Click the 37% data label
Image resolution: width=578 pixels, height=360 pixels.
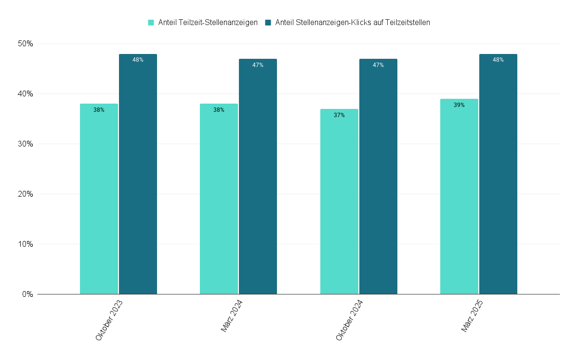339,115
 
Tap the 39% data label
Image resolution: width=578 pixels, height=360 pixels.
459,105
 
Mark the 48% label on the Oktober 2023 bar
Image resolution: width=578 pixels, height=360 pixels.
138,60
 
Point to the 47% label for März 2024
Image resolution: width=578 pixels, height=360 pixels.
258,65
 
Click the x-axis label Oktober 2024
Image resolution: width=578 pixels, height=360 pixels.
350,320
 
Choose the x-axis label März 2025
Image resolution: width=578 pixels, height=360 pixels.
472,316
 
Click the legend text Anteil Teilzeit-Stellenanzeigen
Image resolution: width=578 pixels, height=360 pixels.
208,22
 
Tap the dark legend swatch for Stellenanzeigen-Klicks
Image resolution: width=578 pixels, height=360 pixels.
268,22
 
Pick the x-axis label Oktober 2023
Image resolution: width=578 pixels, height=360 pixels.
109,320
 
